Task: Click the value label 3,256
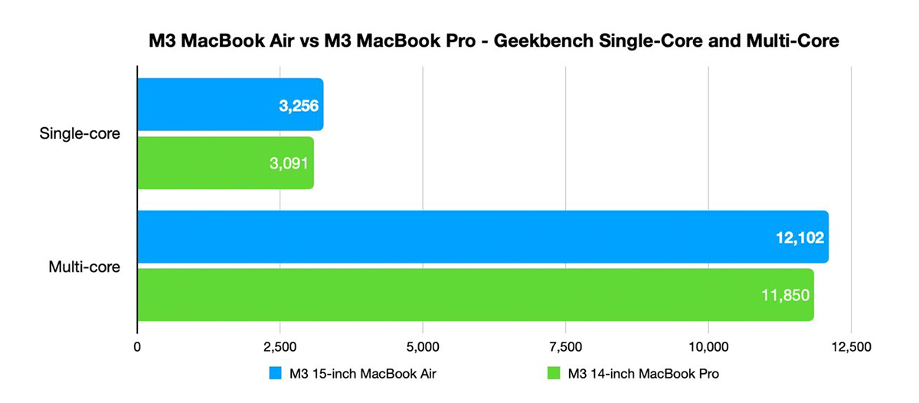(x=298, y=106)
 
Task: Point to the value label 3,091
(x=289, y=163)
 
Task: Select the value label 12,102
(x=798, y=238)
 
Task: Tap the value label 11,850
(x=785, y=296)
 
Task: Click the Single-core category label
(x=81, y=134)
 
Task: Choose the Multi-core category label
(x=83, y=267)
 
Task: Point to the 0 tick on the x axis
(x=137, y=346)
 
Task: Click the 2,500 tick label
(x=280, y=346)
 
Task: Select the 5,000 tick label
(x=423, y=346)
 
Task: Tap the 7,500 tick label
(x=565, y=346)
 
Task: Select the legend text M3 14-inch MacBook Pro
(x=643, y=374)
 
